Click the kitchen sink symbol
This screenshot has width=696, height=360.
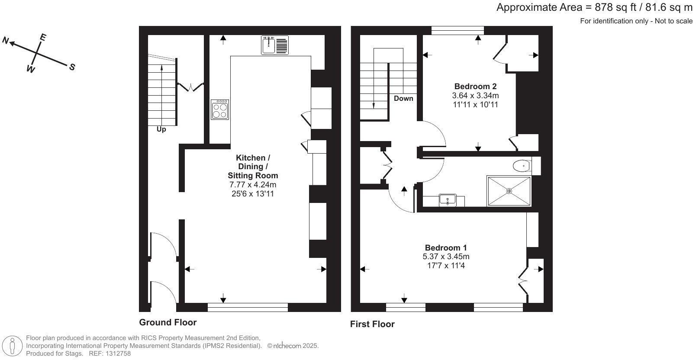[x=275, y=45]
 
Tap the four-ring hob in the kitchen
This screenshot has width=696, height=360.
[x=220, y=109]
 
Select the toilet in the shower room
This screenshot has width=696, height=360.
[x=522, y=166]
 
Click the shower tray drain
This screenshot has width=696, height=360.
[x=509, y=191]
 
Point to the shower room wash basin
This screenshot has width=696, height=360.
[x=446, y=200]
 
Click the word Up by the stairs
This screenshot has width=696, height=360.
[x=161, y=129]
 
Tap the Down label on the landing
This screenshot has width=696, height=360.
[x=403, y=98]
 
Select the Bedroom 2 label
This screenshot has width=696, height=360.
[x=475, y=86]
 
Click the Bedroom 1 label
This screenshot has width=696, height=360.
[x=446, y=247]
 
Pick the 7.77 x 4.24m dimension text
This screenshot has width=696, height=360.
[x=253, y=185]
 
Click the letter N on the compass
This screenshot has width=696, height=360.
[x=6, y=41]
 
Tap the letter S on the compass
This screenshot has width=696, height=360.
[x=72, y=67]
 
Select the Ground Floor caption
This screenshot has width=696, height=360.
[x=168, y=322]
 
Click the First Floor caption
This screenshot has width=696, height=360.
[x=372, y=324]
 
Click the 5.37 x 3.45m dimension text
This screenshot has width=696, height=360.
[x=446, y=257]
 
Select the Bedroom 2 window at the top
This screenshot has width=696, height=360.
[x=458, y=30]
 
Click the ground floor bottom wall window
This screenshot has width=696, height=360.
[x=248, y=307]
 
